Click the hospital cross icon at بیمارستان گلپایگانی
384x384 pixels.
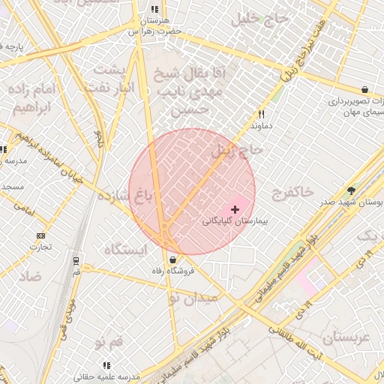(235, 208)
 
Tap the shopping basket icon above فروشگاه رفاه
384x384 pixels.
(174, 259)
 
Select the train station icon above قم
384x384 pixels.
(76, 262)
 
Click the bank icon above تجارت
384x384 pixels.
(40, 235)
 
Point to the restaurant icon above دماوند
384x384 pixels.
(261, 115)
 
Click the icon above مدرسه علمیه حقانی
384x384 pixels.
(105, 365)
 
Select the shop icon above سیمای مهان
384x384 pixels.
(364, 89)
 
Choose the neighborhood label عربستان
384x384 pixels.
(344, 337)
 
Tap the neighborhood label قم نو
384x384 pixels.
(110, 342)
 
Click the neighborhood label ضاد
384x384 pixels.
(31, 277)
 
